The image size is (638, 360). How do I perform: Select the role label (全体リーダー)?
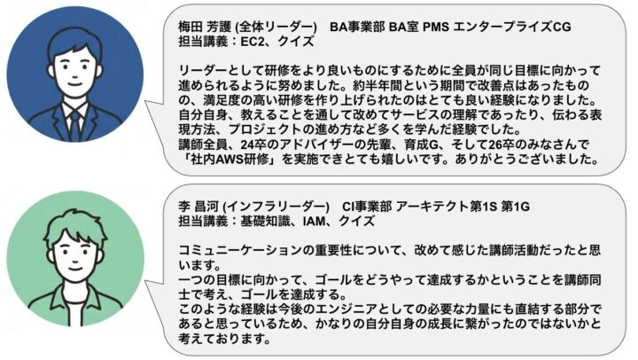[x=276, y=27]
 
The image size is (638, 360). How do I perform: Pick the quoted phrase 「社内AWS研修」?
[x=230, y=159]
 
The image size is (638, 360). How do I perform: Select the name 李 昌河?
[x=199, y=207]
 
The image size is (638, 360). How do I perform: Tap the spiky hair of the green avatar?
[x=75, y=229]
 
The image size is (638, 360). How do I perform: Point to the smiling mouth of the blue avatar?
[x=74, y=84]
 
